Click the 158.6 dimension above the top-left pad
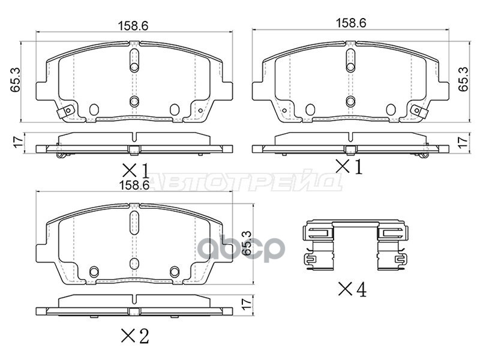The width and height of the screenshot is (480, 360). tap(133, 26)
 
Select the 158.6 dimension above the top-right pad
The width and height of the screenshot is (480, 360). tap(351, 23)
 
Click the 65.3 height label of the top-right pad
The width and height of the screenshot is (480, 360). tap(463, 79)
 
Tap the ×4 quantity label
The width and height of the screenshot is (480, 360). tap(352, 290)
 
